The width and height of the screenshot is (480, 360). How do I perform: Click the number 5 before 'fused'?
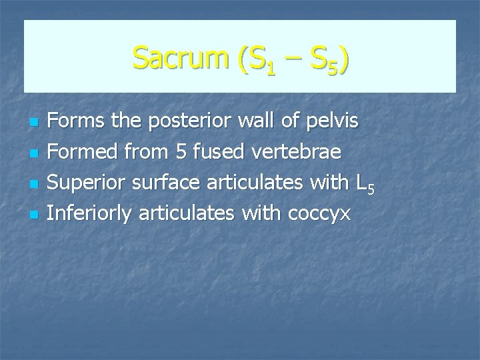179,153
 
